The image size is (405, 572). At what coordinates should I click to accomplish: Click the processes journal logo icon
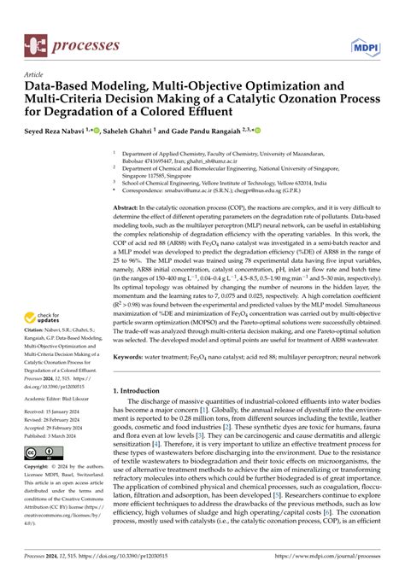coord(37,44)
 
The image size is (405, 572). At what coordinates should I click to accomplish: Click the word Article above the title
coord(36,74)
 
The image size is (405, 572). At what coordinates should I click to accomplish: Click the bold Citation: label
coord(35,364)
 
